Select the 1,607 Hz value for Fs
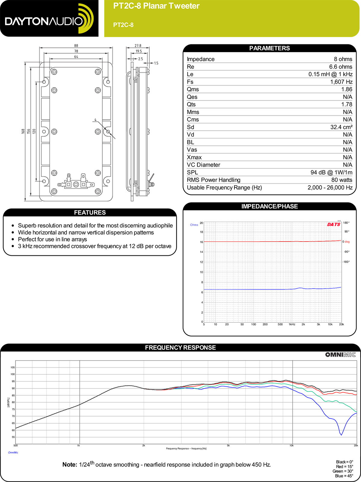[341, 82]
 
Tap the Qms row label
[193, 89]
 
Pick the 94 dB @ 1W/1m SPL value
[331, 172]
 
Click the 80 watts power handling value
[342, 180]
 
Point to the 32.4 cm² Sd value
[341, 127]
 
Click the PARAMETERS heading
[269, 48]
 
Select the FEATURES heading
[90, 212]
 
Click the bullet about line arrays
[52, 239]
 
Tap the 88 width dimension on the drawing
[76, 46]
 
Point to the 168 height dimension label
[23, 131]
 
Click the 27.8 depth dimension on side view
[138, 46]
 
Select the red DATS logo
[334, 224]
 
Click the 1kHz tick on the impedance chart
[292, 324]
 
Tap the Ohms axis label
[194, 225]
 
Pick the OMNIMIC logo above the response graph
[340, 355]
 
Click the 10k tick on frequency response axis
[291, 446]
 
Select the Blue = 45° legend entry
[344, 476]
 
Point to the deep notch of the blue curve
[341, 434]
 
